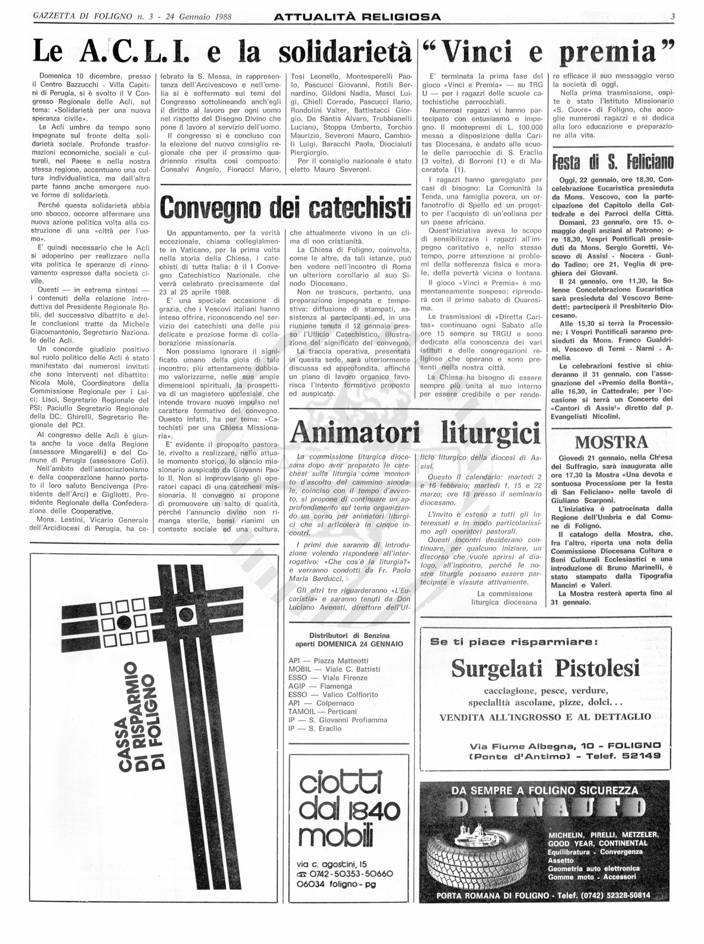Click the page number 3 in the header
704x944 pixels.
(x=672, y=17)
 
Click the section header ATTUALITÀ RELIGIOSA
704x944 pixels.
(x=357, y=17)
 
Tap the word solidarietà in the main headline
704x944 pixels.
(x=345, y=52)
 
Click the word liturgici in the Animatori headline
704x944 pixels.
(x=490, y=433)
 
